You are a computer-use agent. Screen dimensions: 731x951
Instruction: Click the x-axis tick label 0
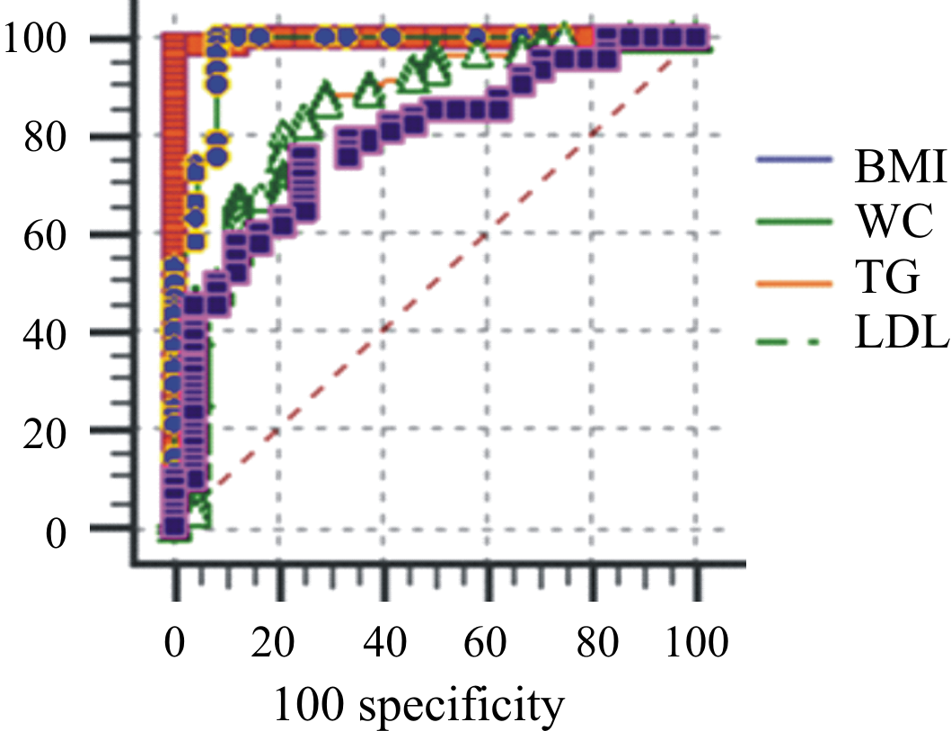176,644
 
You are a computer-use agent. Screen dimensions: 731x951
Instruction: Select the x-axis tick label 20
279,644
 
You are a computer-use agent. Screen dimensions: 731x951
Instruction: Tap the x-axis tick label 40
384,644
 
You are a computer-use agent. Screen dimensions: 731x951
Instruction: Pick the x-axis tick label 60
489,644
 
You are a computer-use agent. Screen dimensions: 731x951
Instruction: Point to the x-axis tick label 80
593,644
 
